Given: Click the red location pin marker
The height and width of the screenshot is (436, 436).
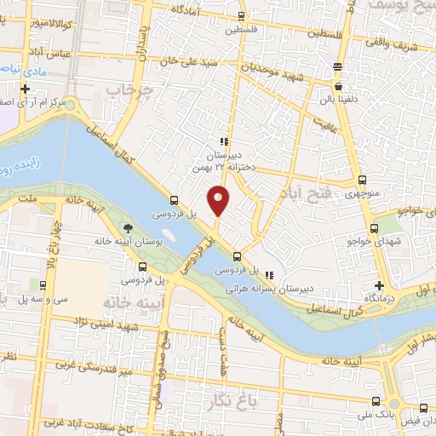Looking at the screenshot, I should [219, 200].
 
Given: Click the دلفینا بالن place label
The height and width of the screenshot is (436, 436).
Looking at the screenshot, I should [339, 99].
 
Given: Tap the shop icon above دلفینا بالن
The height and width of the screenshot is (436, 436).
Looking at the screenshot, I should [339, 86].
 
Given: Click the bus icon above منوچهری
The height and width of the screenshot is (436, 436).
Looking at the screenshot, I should [364, 180].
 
